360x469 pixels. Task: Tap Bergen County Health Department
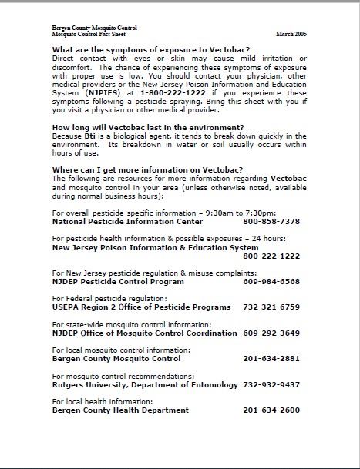(x=120, y=410)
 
